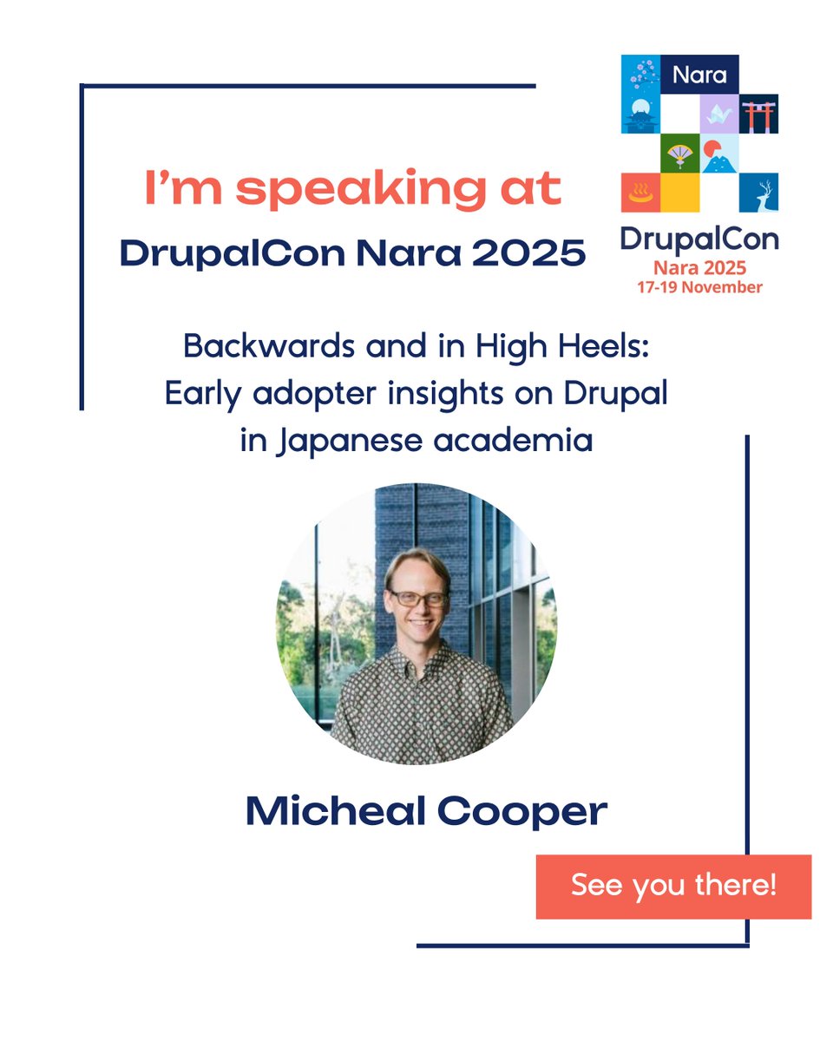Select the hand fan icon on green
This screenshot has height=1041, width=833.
[x=679, y=154]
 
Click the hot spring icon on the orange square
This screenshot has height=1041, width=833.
[x=640, y=192]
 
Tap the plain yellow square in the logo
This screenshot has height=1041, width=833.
[x=679, y=193]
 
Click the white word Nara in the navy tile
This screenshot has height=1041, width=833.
[x=699, y=75]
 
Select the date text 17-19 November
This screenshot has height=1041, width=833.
[x=700, y=286]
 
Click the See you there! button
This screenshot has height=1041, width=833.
[x=673, y=887]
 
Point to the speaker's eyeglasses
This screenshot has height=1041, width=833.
[x=419, y=598]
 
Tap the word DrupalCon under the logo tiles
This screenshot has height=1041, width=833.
[x=699, y=238]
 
